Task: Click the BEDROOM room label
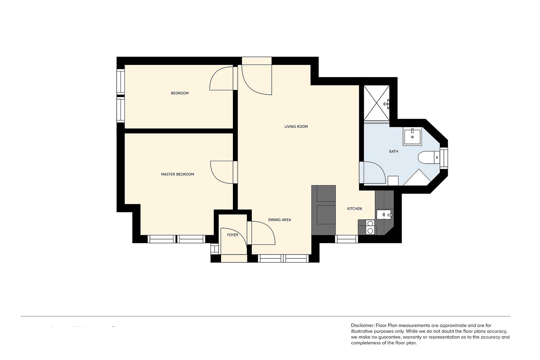(x=180, y=93)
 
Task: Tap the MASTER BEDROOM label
(x=177, y=174)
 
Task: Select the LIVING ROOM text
(x=296, y=127)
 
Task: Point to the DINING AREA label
(x=280, y=220)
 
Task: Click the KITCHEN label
(x=355, y=209)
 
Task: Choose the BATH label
(x=393, y=152)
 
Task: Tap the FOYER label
(x=233, y=235)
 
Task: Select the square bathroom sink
(x=412, y=137)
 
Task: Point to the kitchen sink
(x=384, y=215)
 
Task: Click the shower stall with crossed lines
(x=377, y=103)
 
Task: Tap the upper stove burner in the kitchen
(x=370, y=224)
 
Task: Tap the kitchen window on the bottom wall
(x=346, y=239)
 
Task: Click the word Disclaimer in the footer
(x=362, y=325)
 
